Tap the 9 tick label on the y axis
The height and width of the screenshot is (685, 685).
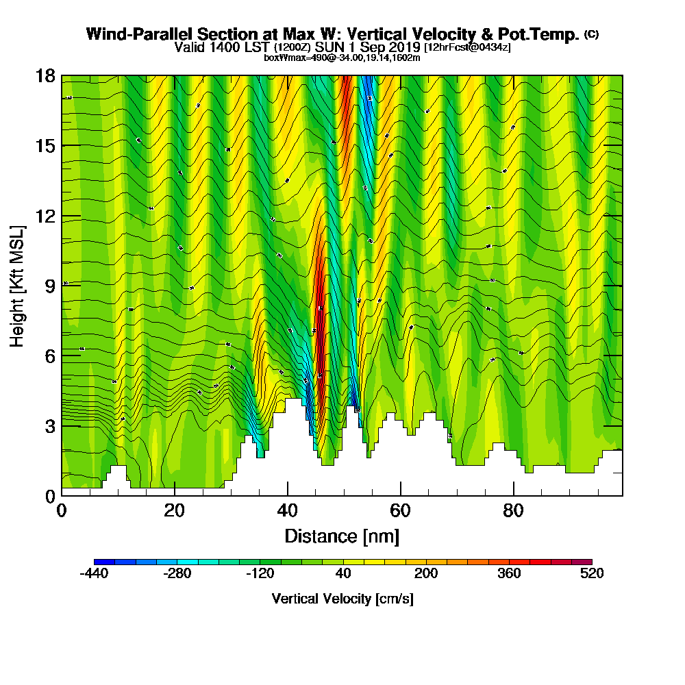pyautogui.click(x=49, y=286)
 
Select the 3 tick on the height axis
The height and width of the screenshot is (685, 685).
pyautogui.click(x=49, y=425)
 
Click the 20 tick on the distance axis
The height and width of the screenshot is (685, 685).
pyautogui.click(x=175, y=511)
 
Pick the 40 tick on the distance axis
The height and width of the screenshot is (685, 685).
pyautogui.click(x=288, y=511)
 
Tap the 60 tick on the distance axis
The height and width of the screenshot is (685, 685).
pyautogui.click(x=401, y=511)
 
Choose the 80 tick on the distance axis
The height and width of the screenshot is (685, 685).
pyautogui.click(x=513, y=511)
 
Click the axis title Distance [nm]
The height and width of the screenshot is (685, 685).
pyautogui.click(x=342, y=536)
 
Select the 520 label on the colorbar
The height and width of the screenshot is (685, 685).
pyautogui.click(x=591, y=574)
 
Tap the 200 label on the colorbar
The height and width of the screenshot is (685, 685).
pyautogui.click(x=426, y=574)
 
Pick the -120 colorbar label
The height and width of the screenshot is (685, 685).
pyautogui.click(x=260, y=574)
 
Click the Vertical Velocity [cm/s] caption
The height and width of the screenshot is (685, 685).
pyautogui.click(x=342, y=599)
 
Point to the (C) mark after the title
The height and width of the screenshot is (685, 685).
pyautogui.click(x=591, y=34)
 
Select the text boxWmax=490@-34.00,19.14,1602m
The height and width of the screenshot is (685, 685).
pyautogui.click(x=342, y=58)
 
